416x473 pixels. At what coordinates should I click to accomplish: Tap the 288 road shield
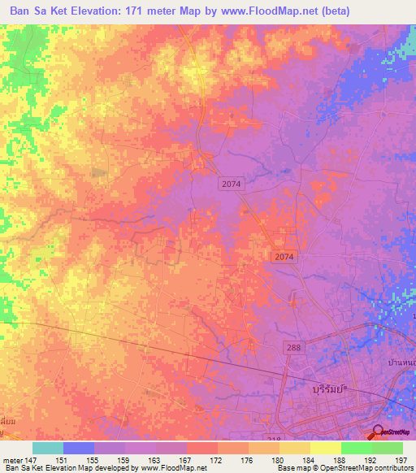coord(294,347)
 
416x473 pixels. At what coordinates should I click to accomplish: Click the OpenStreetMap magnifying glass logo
coord(378,432)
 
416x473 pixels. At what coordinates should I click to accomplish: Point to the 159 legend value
coord(124,460)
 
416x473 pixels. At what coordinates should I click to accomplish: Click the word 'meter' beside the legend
coord(11,460)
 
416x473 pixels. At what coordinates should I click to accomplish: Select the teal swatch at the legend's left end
coord(48,448)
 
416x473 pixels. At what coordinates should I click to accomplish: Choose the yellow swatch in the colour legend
coord(325,448)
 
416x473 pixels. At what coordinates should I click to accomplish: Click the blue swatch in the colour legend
coord(79,448)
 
